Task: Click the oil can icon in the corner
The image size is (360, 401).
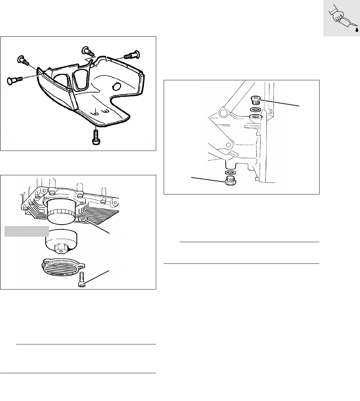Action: tap(341, 19)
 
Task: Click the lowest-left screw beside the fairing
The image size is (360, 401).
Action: tap(14, 80)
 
